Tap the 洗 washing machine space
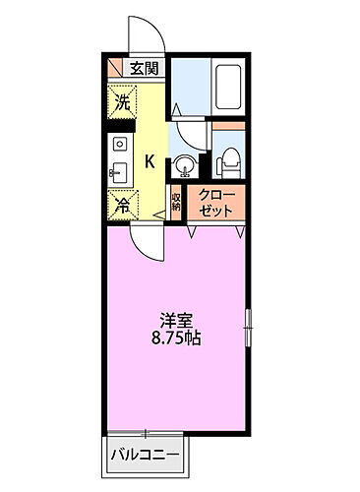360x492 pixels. coord(122,102)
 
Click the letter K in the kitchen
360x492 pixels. coord(150,161)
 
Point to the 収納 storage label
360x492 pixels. coord(176,203)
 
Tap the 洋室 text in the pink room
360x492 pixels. coord(177,321)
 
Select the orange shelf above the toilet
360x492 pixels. coord(227,128)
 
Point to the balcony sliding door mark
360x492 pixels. coord(144,432)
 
